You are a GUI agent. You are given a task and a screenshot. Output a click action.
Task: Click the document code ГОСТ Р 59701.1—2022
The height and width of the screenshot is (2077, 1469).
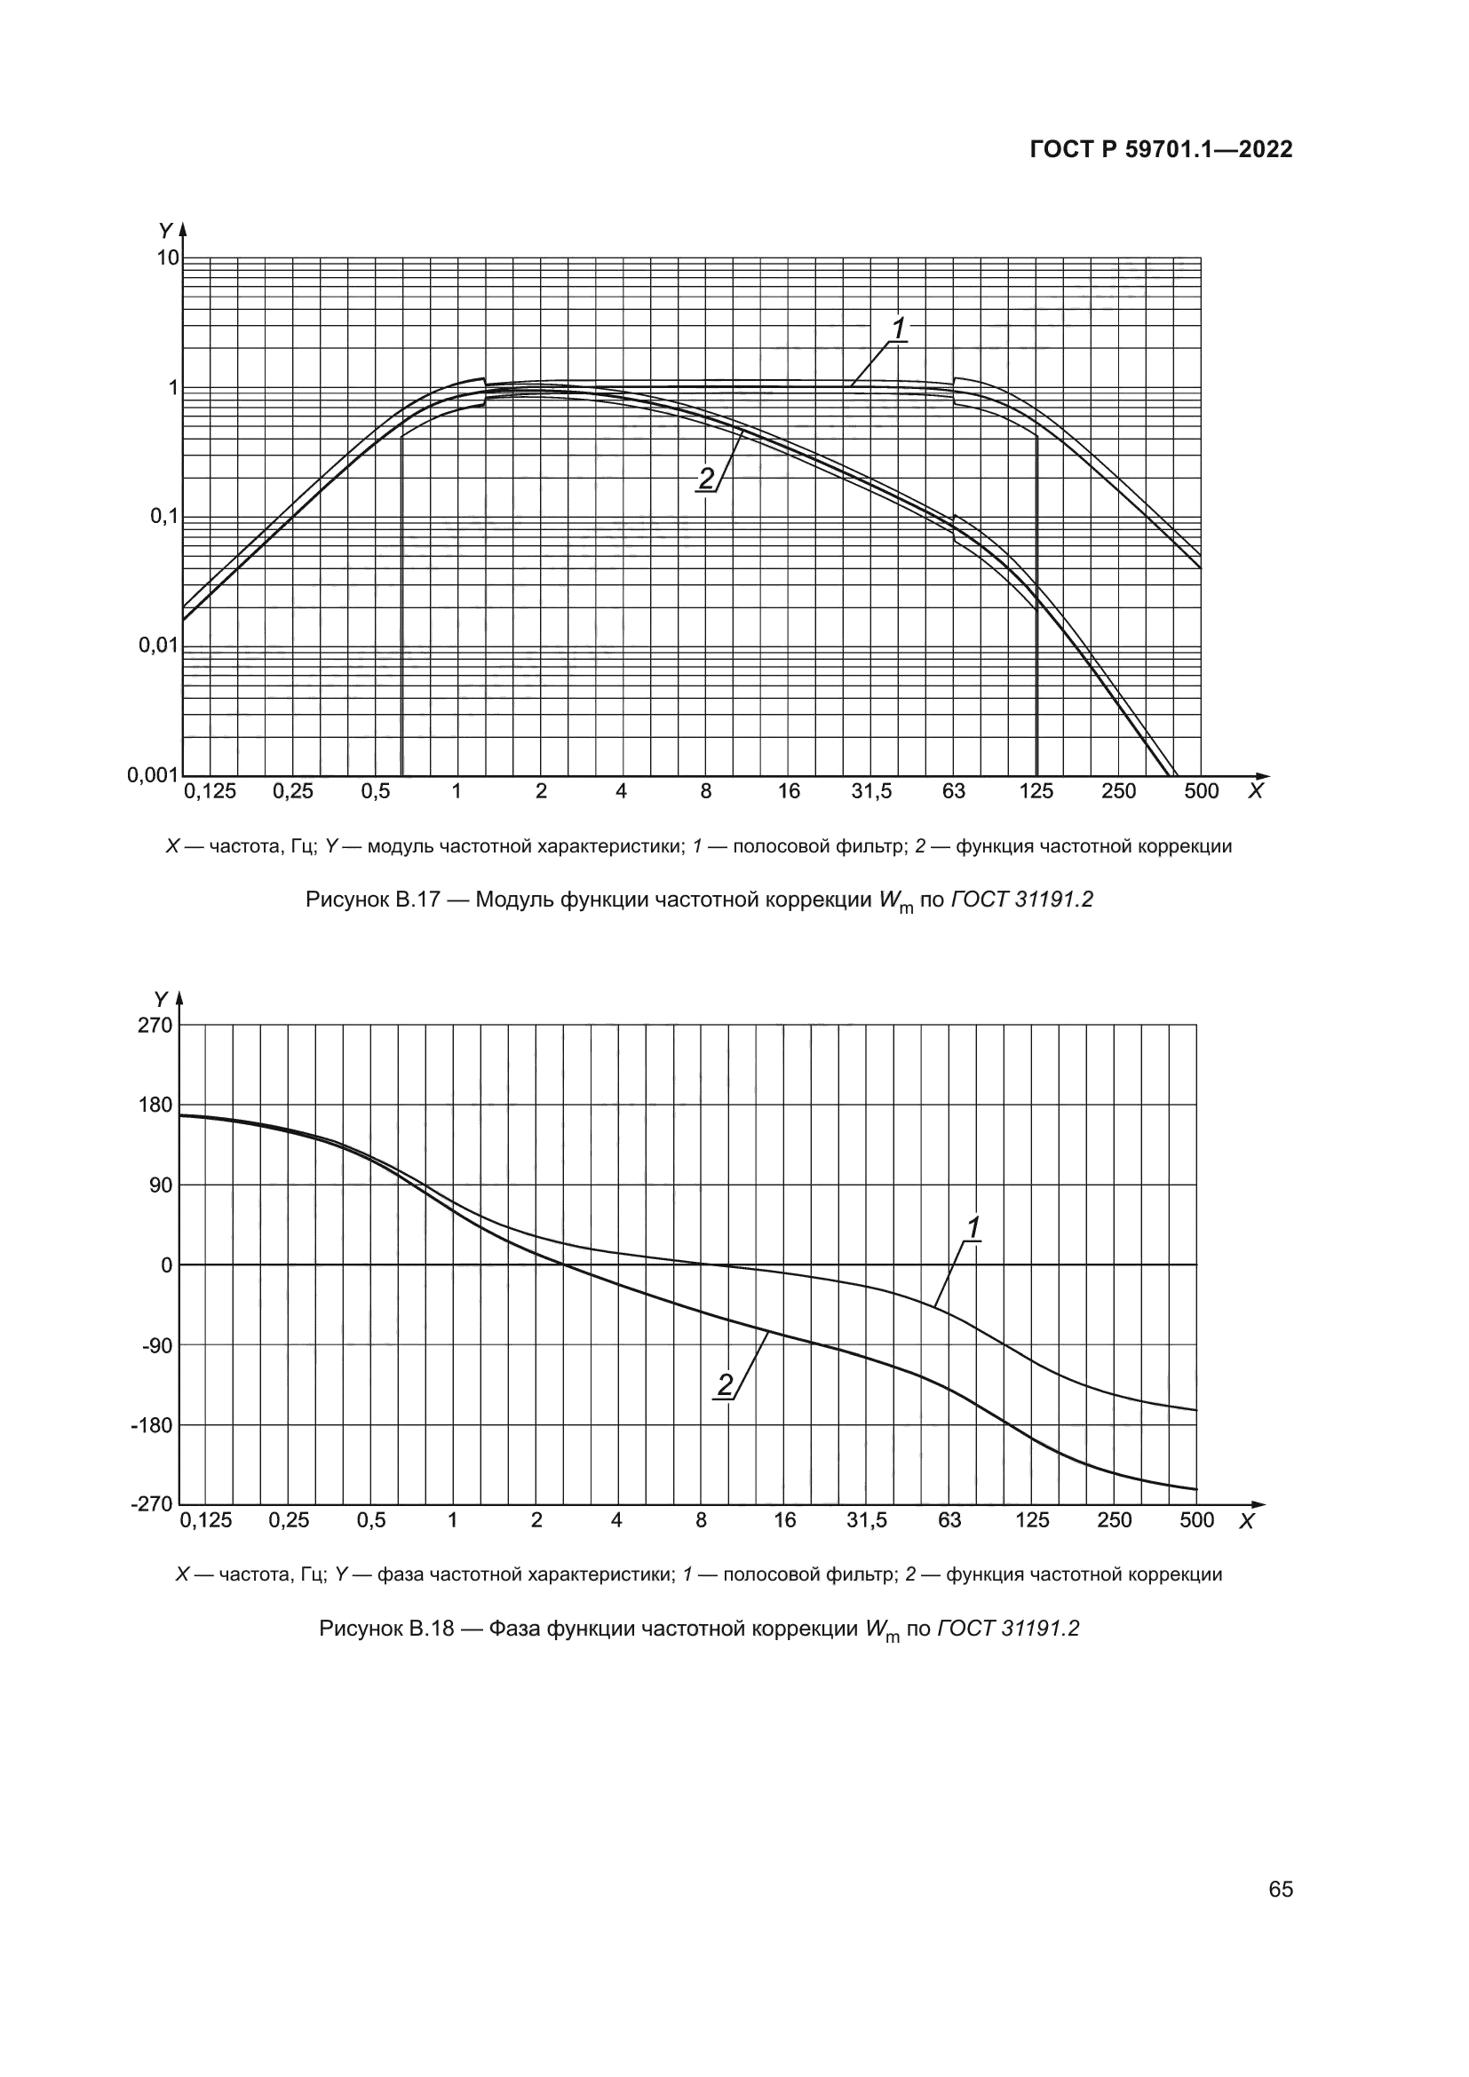(x=1161, y=149)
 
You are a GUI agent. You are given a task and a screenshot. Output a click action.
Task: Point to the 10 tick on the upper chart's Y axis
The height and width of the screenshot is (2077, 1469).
(x=168, y=258)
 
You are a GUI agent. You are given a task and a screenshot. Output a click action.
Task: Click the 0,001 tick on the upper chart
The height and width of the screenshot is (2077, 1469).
(x=153, y=774)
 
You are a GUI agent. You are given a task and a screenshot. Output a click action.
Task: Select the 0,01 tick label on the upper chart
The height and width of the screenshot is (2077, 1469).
(x=158, y=645)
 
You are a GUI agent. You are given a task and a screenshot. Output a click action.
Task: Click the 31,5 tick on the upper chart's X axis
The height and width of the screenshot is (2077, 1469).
(x=871, y=791)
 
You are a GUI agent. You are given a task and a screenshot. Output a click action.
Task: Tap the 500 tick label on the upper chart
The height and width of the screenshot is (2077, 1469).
(x=1202, y=791)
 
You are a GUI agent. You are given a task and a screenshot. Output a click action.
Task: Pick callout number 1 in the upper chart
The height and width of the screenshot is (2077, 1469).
(x=898, y=329)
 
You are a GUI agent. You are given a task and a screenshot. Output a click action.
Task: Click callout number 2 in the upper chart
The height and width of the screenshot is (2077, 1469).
(x=705, y=478)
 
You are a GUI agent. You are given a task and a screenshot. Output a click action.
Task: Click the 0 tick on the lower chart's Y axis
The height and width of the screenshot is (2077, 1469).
(x=166, y=1265)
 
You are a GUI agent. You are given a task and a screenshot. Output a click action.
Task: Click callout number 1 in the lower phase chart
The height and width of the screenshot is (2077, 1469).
(x=973, y=1228)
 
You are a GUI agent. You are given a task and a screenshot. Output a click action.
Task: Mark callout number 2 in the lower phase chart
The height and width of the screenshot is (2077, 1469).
(x=726, y=1385)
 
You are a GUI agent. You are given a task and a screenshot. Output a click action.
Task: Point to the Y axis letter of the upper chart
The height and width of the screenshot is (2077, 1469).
(x=165, y=231)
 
